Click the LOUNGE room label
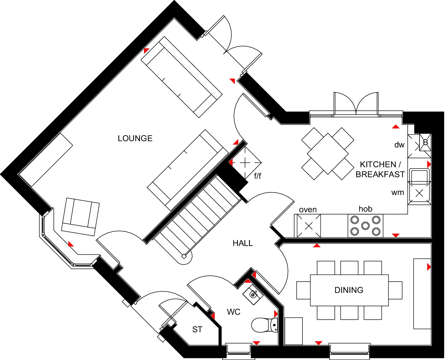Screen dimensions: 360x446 pyautogui.click(x=135, y=138)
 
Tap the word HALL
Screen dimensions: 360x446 pyautogui.click(x=243, y=243)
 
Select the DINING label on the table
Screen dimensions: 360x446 pyautogui.click(x=349, y=290)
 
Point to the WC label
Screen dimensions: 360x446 pyautogui.click(x=234, y=312)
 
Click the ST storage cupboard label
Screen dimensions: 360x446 pyautogui.click(x=197, y=330)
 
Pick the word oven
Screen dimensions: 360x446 pyautogui.click(x=308, y=210)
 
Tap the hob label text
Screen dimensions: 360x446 pyautogui.click(x=365, y=209)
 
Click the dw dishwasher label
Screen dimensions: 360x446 pyautogui.click(x=399, y=145)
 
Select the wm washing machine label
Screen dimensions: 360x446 pyautogui.click(x=397, y=192)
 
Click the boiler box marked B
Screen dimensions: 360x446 pyautogui.click(x=425, y=142)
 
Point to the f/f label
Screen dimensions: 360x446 pyautogui.click(x=257, y=176)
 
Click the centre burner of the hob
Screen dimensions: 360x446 pyautogui.click(x=365, y=225)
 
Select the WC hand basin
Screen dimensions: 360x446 pyautogui.click(x=253, y=293)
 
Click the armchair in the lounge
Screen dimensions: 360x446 pyautogui.click(x=80, y=216)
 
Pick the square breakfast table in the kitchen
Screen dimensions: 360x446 pyautogui.click(x=328, y=153)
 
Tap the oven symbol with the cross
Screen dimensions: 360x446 pyautogui.click(x=309, y=226)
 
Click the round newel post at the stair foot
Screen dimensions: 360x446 pyautogui.click(x=184, y=256)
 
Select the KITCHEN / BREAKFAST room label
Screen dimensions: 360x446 pyautogui.click(x=380, y=169)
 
